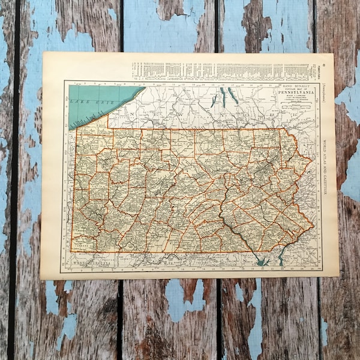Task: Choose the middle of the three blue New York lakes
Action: [x=223, y=96]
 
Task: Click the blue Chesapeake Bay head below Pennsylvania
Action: [x=260, y=260]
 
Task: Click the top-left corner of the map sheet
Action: [x=44, y=53]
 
